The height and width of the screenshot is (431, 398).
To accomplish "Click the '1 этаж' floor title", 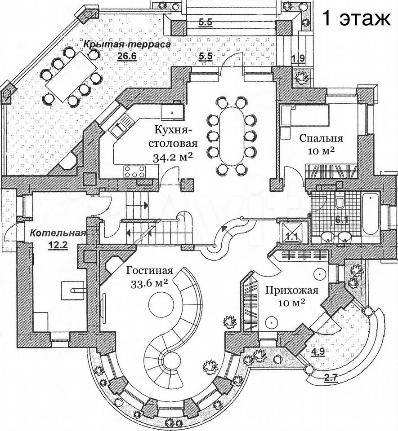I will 355,19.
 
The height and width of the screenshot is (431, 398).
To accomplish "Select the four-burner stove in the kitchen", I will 135,171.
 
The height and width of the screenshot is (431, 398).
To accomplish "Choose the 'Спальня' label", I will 322,138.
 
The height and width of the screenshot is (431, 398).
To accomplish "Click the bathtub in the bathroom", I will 370,213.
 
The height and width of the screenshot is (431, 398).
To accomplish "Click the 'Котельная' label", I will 58,233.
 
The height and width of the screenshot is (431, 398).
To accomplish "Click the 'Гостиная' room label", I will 150,271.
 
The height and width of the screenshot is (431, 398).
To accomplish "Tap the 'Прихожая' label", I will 291,290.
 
